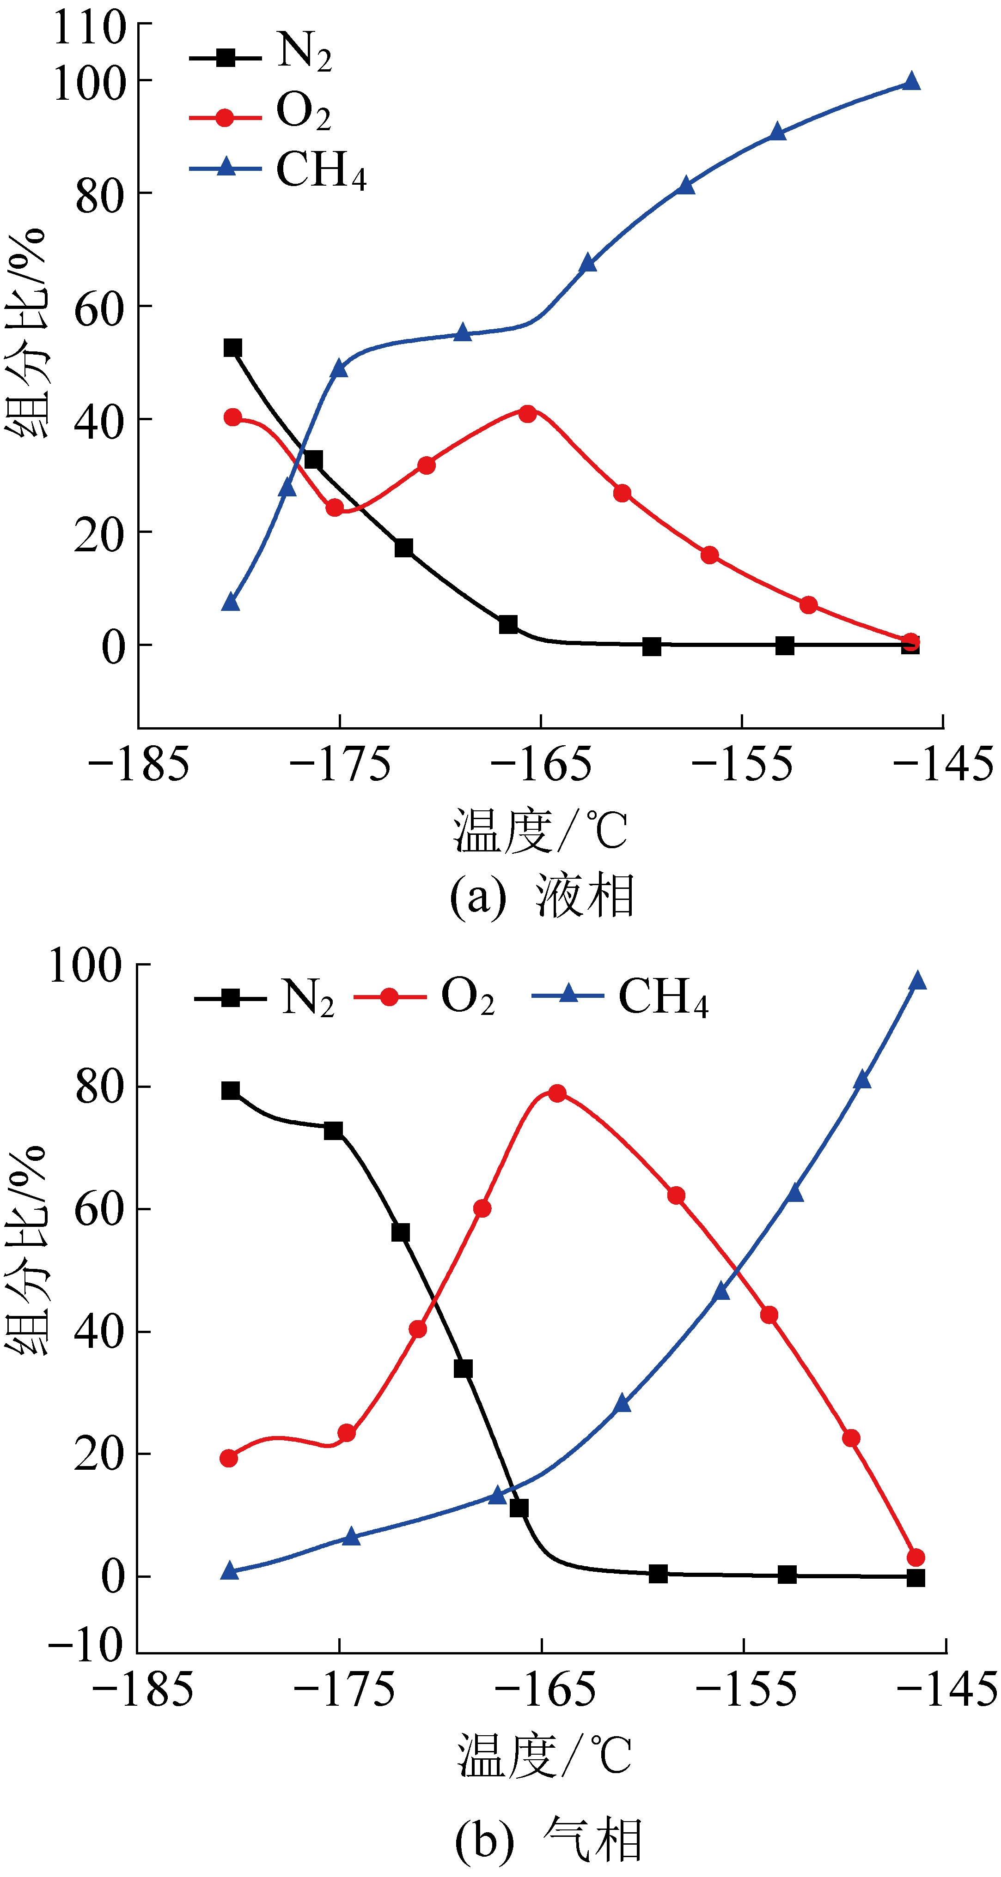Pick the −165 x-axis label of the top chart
pyautogui.click(x=541, y=764)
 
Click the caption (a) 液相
pyautogui.click(x=543, y=895)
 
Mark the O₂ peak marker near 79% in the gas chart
pyautogui.click(x=557, y=1093)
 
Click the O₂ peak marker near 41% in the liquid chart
pyautogui.click(x=527, y=414)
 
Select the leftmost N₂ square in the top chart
pyautogui.click(x=232, y=348)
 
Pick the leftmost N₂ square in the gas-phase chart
pyautogui.click(x=231, y=1090)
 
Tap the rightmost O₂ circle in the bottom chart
pyautogui.click(x=916, y=1557)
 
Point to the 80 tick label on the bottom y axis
pyautogui.click(x=98, y=1087)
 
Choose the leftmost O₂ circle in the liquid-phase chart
pyautogui.click(x=232, y=417)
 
